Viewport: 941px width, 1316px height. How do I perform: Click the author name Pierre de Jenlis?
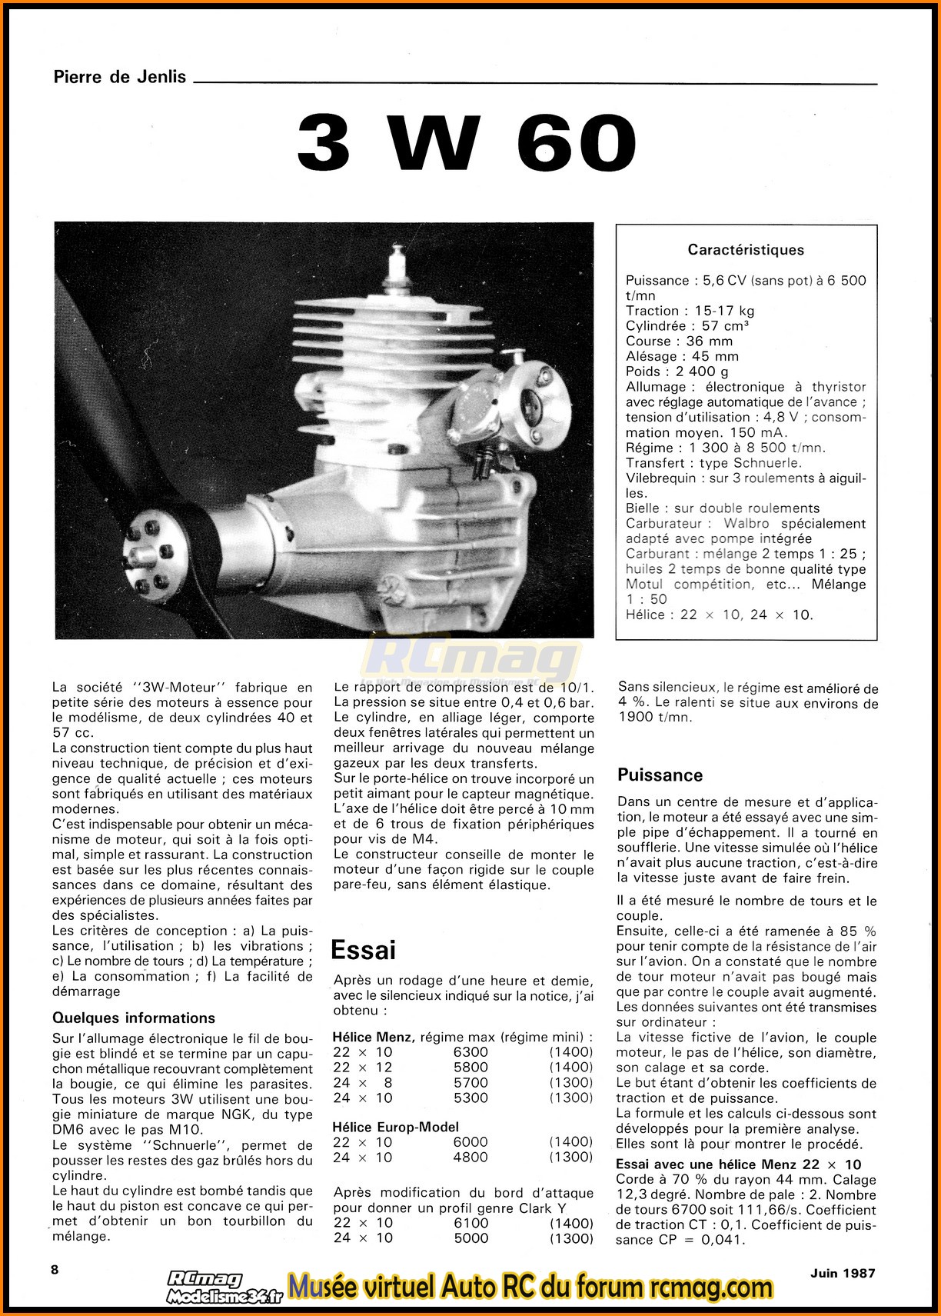pos(120,77)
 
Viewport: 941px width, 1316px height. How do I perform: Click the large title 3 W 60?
pos(467,144)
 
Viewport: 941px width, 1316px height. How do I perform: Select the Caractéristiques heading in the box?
pos(746,250)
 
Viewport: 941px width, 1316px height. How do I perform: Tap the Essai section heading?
pos(363,951)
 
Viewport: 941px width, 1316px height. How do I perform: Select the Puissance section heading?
pos(660,775)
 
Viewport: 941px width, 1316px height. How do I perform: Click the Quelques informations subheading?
pos(134,1018)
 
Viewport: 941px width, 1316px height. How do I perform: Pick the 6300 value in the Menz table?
pos(470,1052)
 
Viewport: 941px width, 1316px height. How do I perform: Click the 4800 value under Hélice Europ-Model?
pos(470,1158)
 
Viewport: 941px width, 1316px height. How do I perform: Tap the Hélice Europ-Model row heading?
pos(396,1127)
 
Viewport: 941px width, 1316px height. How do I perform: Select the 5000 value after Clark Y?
pos(470,1238)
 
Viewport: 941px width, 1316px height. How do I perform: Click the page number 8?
pos(55,1270)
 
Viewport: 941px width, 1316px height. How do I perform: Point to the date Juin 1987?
pos(842,1273)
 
